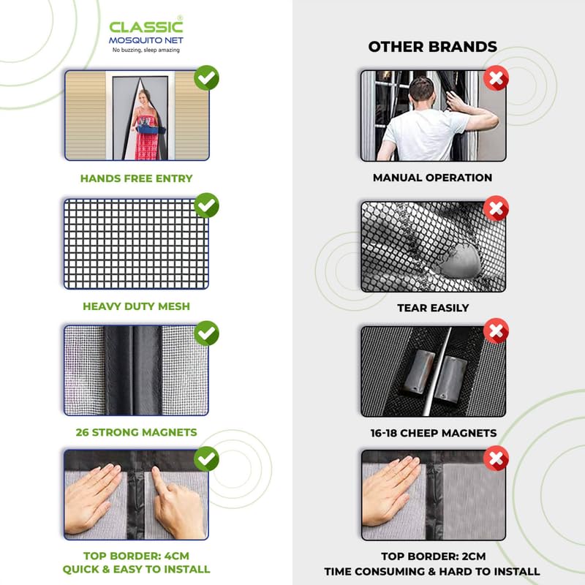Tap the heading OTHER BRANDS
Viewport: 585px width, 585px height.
click(432, 47)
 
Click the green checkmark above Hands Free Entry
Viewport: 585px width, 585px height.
click(207, 78)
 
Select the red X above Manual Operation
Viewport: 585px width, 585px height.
click(497, 78)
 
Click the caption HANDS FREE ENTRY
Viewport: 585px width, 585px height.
click(136, 178)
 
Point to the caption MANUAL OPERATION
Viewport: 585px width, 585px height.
click(432, 178)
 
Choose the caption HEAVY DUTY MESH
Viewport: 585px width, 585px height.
click(136, 306)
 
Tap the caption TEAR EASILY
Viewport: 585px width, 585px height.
click(432, 308)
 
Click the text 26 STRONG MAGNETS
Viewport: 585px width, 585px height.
click(136, 432)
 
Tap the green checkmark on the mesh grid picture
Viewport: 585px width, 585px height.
click(207, 205)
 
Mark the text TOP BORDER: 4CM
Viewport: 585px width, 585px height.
click(136, 555)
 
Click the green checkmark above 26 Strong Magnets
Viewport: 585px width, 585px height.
click(207, 333)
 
